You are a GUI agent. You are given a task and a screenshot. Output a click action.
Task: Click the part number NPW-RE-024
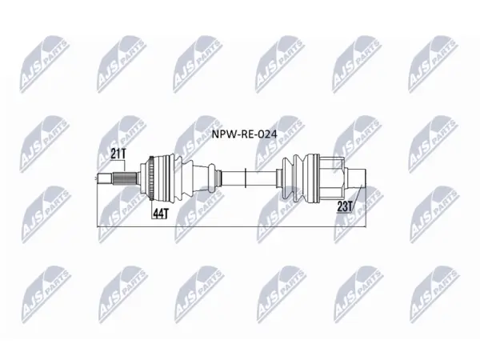245,134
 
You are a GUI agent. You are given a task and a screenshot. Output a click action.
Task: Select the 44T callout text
161,214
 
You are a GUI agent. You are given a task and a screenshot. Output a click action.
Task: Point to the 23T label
345,206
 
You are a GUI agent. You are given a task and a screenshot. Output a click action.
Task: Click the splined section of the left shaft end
126,178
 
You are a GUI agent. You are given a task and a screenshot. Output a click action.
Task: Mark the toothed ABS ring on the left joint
151,178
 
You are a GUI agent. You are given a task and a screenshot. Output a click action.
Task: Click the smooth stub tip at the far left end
105,178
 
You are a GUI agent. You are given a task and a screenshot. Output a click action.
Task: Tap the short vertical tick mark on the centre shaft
246,178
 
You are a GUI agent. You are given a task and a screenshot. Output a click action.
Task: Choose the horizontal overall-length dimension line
231,227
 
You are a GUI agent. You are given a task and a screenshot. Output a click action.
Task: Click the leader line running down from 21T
126,165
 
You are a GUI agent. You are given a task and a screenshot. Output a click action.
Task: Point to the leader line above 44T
152,205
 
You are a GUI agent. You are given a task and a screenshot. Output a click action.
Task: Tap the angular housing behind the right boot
332,178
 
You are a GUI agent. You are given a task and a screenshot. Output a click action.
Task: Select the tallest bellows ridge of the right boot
298,178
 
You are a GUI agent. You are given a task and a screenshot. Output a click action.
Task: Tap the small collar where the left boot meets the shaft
218,178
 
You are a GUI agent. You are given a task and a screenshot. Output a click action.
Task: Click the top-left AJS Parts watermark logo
45,64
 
